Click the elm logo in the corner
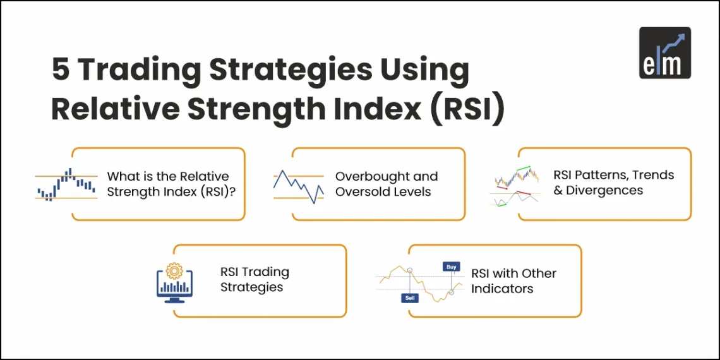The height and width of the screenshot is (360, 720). [664, 53]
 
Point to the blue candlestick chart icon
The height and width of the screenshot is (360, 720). [66, 184]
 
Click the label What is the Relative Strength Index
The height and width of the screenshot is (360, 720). [168, 184]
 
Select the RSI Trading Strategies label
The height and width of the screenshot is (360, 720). [255, 279]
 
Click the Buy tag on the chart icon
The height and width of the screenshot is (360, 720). [451, 267]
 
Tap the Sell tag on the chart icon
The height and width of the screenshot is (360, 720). [409, 297]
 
